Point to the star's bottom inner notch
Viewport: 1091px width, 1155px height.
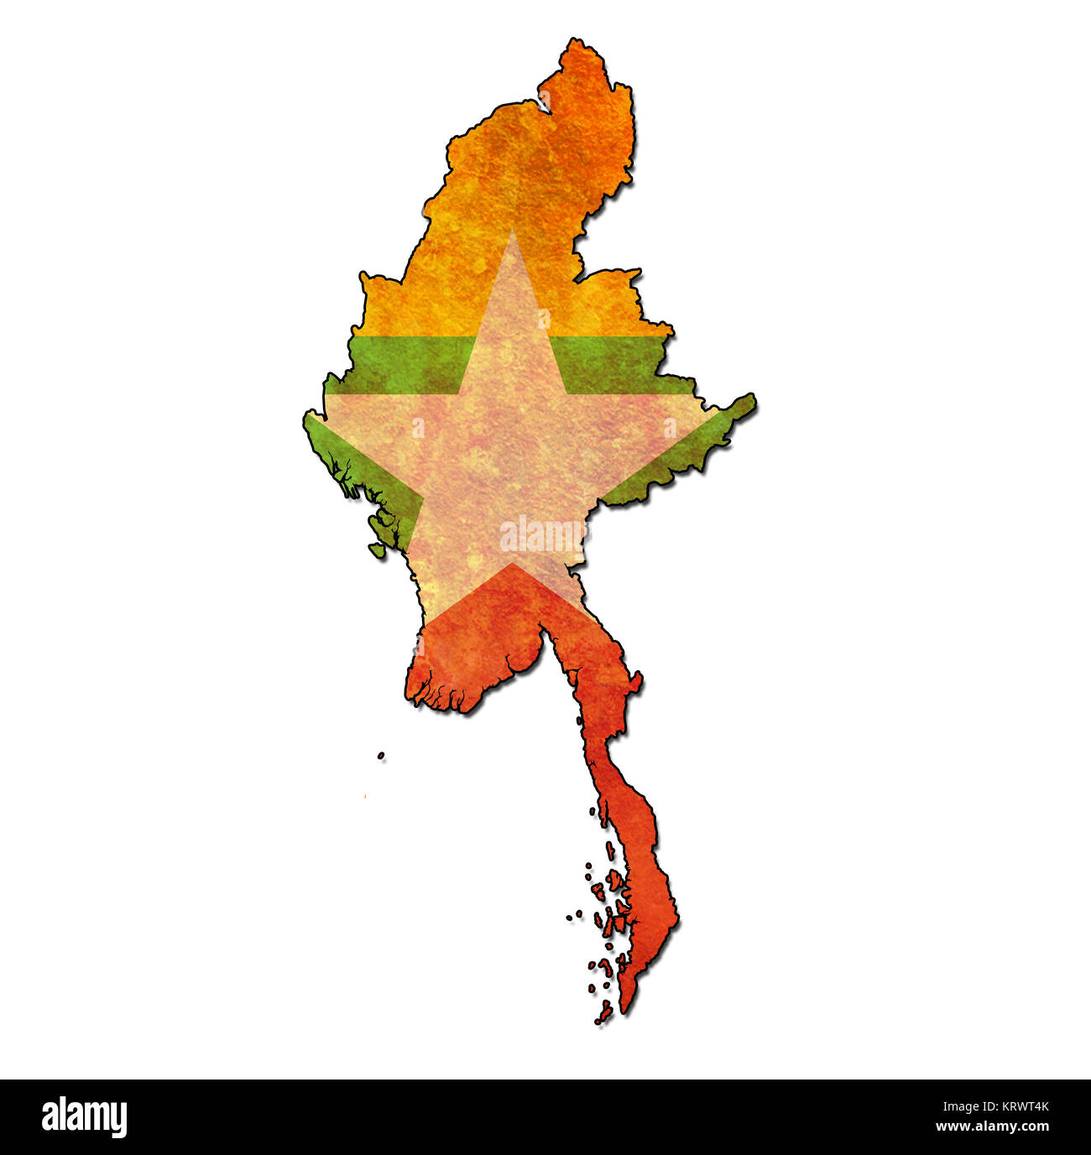pyautogui.click(x=513, y=564)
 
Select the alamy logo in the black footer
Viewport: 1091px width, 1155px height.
pyautogui.click(x=84, y=1117)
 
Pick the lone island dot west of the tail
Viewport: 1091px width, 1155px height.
pyautogui.click(x=381, y=756)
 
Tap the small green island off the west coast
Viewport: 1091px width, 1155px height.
pyautogui.click(x=378, y=550)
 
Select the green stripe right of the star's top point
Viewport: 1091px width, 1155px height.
pyautogui.click(x=617, y=365)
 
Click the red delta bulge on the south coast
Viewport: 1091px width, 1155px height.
pyautogui.click(x=453, y=671)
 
